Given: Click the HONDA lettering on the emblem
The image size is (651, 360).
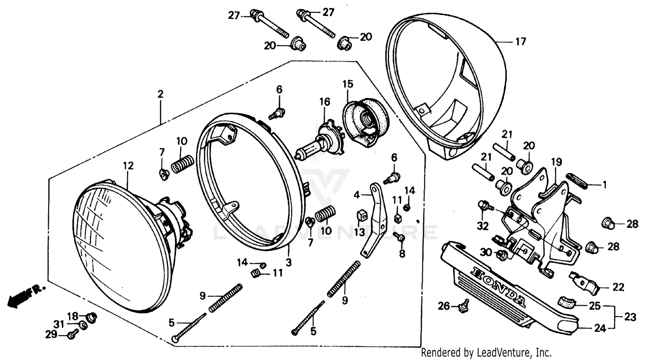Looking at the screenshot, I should coord(499,286).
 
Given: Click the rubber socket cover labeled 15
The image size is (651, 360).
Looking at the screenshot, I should coord(365,119).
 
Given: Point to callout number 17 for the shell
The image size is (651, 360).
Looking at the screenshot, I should coord(520,42).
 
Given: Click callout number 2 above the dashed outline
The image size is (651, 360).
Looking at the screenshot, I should coord(161,94).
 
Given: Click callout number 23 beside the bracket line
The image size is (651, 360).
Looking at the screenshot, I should coord(630,317).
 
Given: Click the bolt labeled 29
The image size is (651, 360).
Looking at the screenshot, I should coord(72,335).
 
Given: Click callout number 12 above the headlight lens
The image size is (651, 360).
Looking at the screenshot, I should coord(128,166).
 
